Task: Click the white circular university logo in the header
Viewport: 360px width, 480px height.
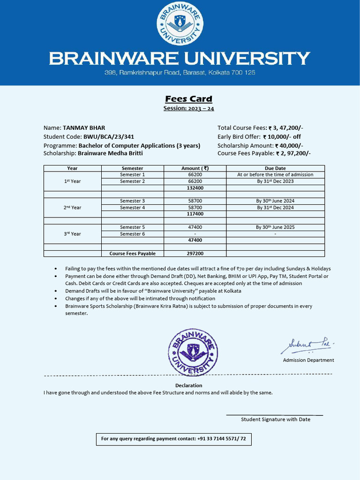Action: pos(180,23)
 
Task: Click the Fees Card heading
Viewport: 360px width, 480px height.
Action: pos(188,99)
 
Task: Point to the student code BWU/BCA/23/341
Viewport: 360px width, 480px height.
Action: pos(109,137)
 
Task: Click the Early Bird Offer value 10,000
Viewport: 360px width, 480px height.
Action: pos(281,137)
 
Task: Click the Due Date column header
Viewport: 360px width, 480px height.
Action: pos(275,168)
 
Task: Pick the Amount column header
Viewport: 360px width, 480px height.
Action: pos(195,168)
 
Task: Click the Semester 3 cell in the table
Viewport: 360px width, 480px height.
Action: pos(132,201)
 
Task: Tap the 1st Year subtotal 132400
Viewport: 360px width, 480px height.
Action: pos(195,187)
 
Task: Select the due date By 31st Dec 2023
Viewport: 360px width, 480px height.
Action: pos(275,181)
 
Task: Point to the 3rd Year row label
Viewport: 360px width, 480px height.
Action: pos(73,234)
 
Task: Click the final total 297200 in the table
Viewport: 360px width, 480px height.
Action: pos(195,254)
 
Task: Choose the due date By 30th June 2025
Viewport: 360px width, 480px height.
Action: pos(275,227)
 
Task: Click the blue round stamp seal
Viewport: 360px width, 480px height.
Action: pos(193,352)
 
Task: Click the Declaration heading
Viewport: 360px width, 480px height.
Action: pos(188,385)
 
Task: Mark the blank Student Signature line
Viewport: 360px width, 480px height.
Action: pos(275,414)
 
